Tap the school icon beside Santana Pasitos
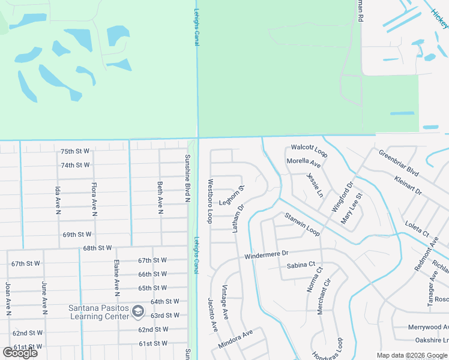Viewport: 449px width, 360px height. click(138, 311)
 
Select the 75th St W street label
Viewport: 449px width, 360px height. click(75, 151)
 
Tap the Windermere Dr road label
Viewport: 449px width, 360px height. click(267, 255)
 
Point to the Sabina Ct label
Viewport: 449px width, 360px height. click(301, 265)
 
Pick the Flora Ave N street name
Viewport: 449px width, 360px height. click(94, 199)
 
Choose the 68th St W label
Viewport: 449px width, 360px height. click(98, 248)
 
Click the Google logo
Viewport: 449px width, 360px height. click(20, 353)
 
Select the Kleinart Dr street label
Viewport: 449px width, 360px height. click(409, 184)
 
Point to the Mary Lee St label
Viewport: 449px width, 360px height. click(352, 209)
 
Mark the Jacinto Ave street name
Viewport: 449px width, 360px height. click(212, 315)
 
